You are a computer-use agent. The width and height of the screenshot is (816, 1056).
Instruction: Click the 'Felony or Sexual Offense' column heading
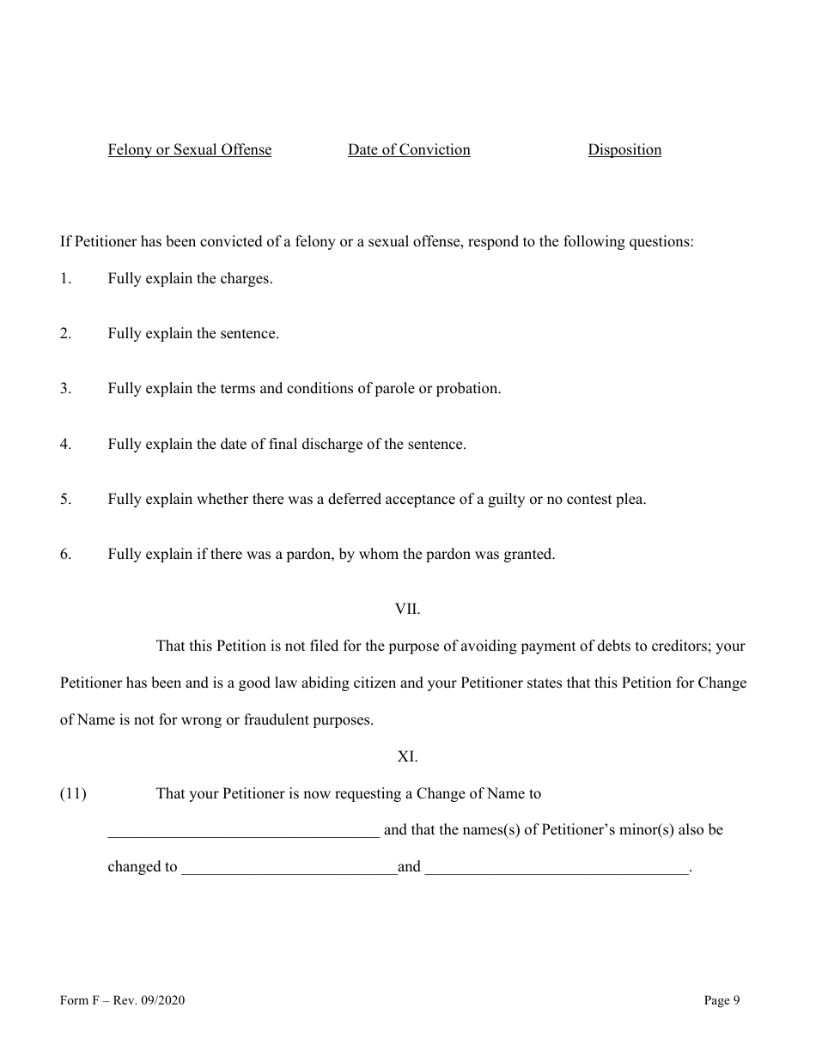tap(189, 150)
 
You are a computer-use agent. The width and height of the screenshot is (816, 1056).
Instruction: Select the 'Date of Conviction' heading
tap(409, 150)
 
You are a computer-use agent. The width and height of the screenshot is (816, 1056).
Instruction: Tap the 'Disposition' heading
tap(624, 150)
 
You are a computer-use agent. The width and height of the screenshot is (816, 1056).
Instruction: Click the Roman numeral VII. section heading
tap(407, 609)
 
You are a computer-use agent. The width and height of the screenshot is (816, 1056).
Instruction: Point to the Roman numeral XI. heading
tap(407, 756)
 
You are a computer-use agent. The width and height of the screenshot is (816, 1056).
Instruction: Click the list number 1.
tap(65, 279)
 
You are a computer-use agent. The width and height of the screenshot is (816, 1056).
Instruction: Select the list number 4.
tap(65, 445)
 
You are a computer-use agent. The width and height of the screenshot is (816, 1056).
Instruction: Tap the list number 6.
tap(65, 555)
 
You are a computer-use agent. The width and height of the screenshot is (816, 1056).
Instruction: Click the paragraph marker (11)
tap(73, 794)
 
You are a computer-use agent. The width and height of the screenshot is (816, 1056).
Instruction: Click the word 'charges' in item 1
tap(246, 279)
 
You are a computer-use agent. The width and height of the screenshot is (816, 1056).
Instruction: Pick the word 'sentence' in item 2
tap(247, 334)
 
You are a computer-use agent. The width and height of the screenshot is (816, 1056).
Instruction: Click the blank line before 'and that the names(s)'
tap(243, 831)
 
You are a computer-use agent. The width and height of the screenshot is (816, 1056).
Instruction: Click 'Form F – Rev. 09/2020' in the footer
tap(123, 1000)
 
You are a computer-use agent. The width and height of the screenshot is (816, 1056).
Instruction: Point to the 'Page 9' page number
tap(722, 1000)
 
